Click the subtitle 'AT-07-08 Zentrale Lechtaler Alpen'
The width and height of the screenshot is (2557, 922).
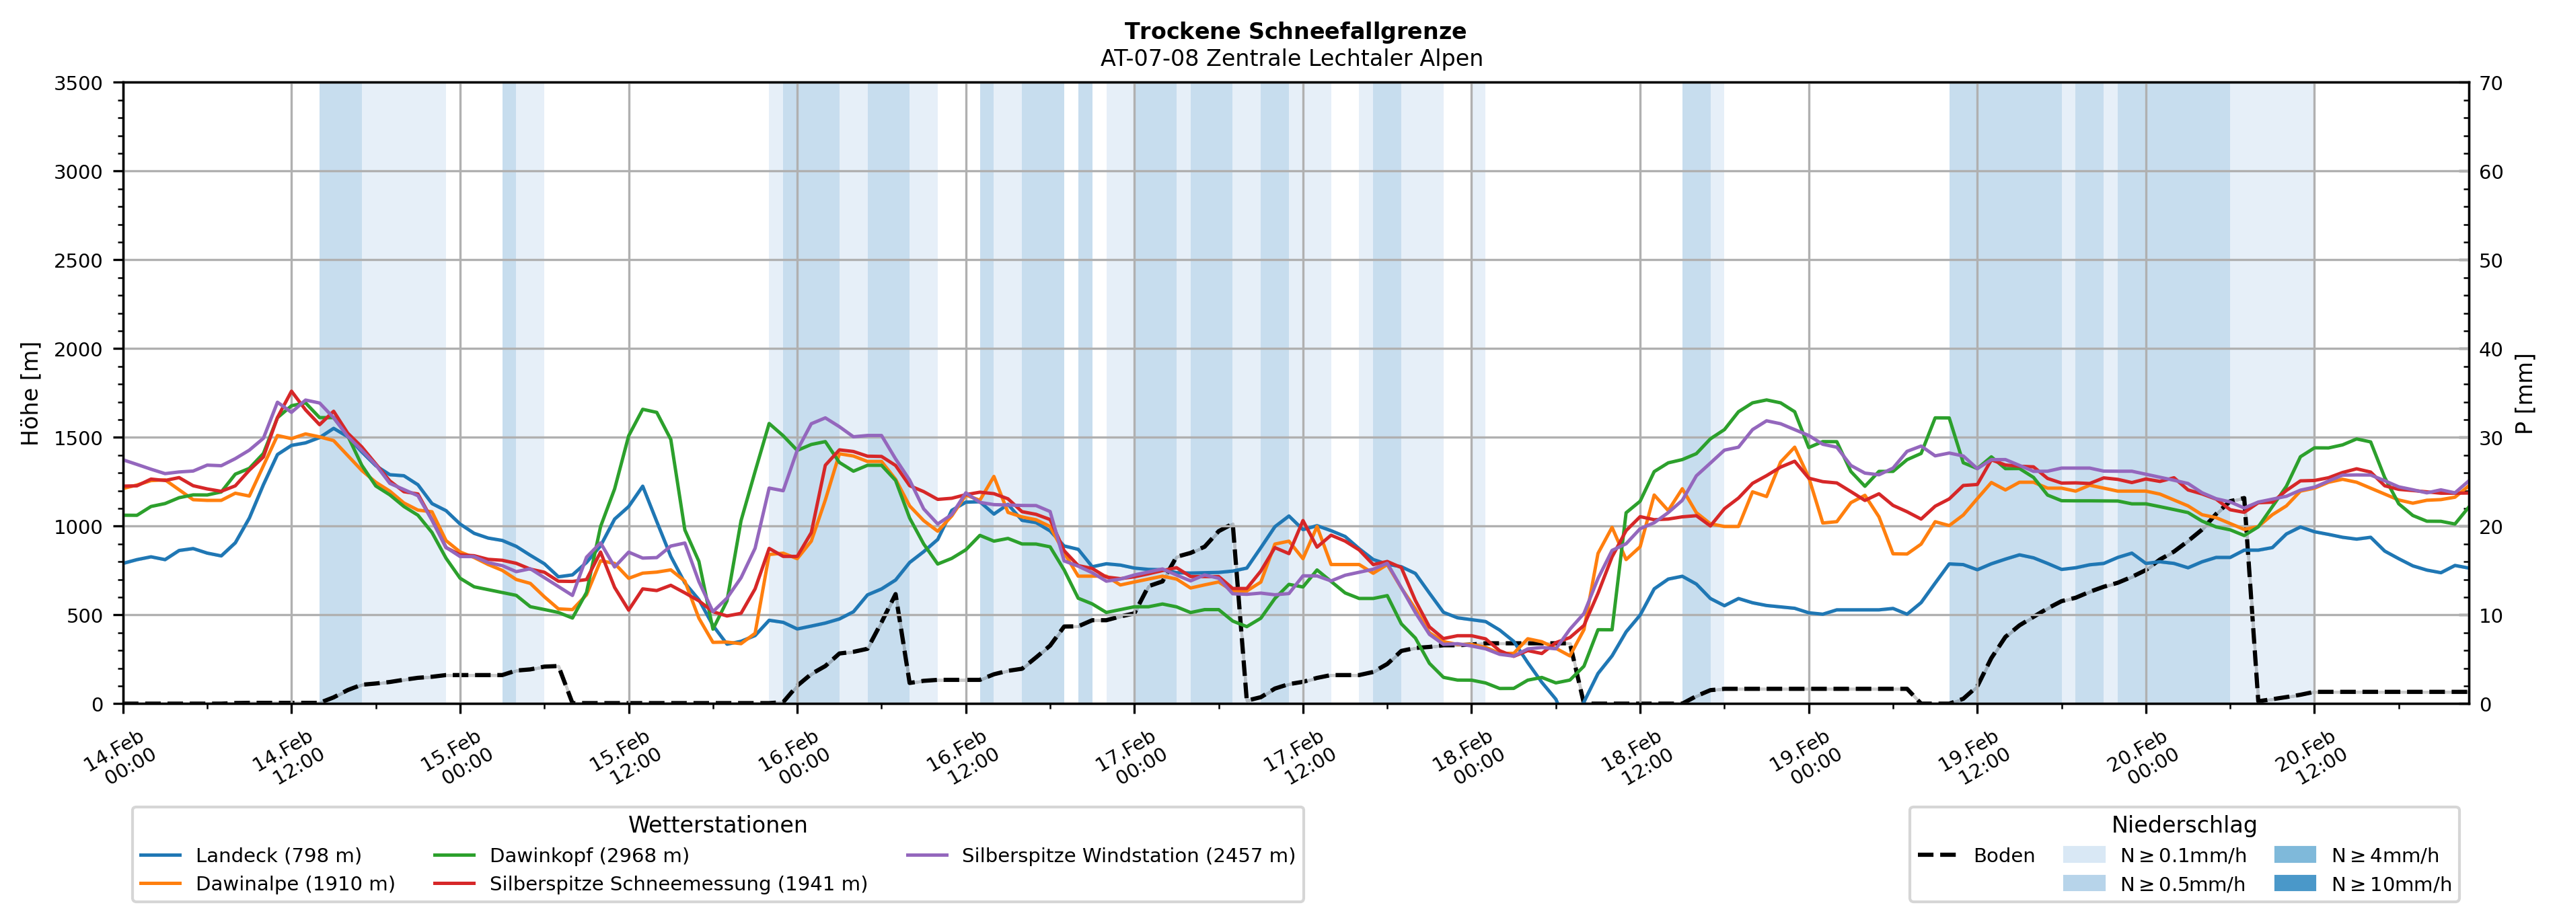(1292, 59)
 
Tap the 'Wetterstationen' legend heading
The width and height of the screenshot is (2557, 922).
(718, 824)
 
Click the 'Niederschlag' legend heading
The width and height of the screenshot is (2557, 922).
(2184, 824)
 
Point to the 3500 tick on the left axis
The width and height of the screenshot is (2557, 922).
(79, 83)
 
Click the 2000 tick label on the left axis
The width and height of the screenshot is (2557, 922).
(79, 349)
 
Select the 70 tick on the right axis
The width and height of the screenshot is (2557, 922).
(2490, 83)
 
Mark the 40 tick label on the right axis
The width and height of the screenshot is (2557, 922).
(2490, 349)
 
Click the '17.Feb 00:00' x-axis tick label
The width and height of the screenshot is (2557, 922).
(1129, 759)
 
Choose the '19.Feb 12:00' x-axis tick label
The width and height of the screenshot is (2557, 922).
(1972, 759)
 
